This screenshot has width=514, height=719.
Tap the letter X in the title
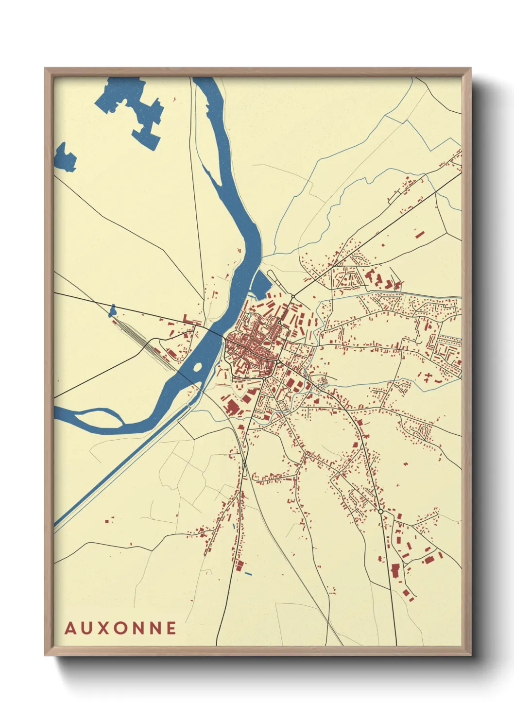[103, 628]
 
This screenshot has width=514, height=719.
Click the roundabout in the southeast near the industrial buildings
[380, 512]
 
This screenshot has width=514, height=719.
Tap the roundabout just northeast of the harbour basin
[293, 296]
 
